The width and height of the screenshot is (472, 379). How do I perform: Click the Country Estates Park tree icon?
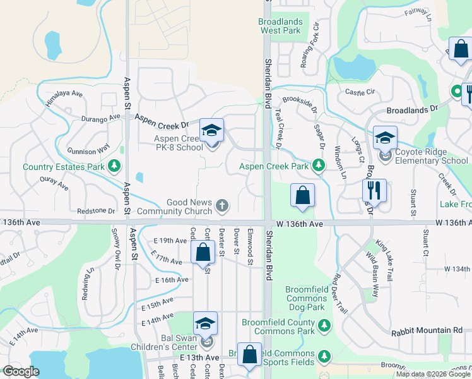pos(114,167)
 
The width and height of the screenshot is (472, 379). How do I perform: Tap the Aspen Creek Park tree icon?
pos(319,166)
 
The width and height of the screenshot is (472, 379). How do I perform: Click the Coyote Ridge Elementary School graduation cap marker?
pos(384,138)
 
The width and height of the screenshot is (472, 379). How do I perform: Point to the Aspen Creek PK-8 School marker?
pos(212,131)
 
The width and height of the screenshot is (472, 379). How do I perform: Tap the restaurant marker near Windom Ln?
pos(374,189)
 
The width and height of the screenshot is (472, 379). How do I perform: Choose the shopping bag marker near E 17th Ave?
pos(203,253)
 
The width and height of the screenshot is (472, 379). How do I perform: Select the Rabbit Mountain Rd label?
pos(427,330)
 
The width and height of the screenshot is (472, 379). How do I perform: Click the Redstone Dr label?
pos(96,211)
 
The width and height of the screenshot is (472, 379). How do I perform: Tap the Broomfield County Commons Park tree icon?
pos(324,325)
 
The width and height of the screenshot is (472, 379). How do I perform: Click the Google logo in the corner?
pos(20,372)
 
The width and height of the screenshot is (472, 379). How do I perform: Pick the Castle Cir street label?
pos(360,92)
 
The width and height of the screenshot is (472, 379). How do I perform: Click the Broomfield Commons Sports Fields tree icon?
pos(324,356)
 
